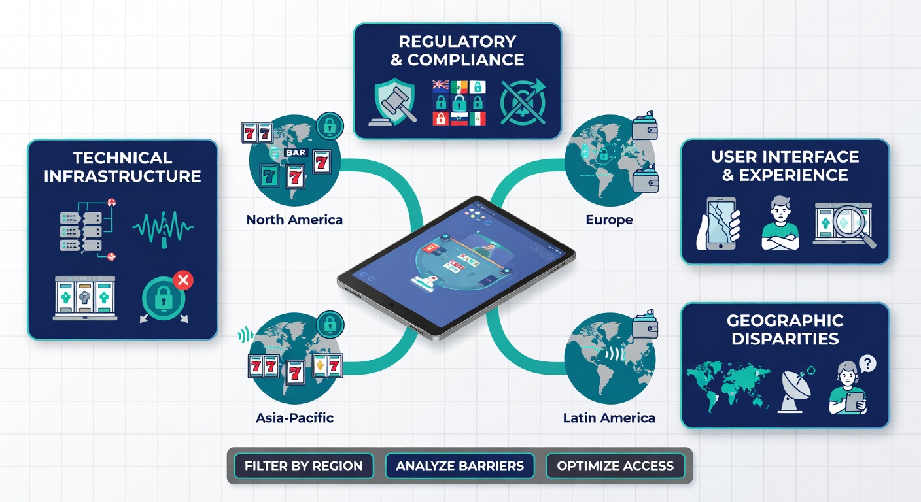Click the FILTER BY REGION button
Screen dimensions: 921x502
pos(304,466)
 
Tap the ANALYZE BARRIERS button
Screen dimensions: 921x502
pos(460,466)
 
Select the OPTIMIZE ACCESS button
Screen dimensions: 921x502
pos(615,466)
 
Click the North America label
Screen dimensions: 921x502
pos(294,220)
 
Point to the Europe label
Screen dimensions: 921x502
pos(609,220)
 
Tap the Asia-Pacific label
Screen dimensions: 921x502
pos(294,418)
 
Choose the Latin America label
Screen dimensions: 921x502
pos(609,418)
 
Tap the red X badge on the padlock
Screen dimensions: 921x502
pos(183,280)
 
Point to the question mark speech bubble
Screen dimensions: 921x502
pos(867,364)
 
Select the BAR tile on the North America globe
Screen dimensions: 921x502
pos(295,152)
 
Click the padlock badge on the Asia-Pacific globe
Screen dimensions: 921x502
pos(330,324)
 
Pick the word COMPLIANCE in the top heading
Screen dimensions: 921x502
pos(466,60)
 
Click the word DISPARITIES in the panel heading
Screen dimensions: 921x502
pos(785,339)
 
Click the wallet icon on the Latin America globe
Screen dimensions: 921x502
pos(645,324)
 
